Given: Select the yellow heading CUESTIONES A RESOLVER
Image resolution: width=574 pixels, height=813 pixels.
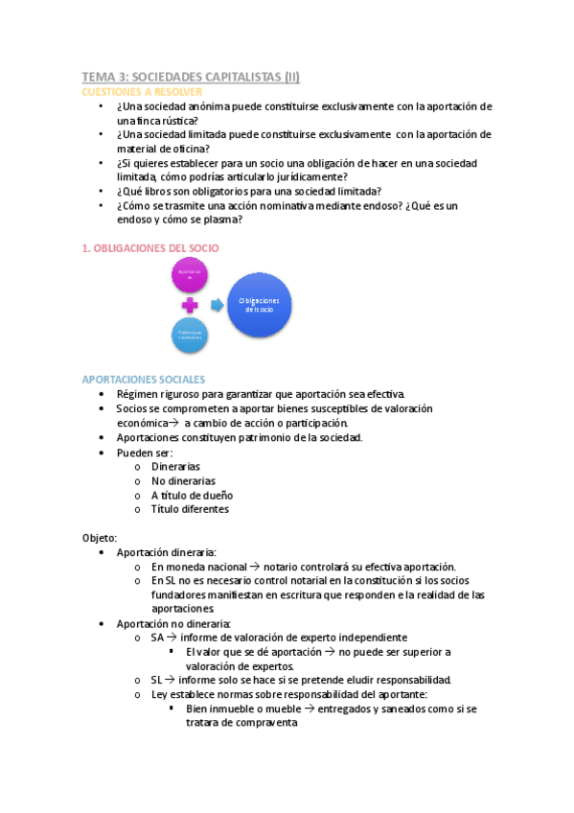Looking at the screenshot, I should [141, 91].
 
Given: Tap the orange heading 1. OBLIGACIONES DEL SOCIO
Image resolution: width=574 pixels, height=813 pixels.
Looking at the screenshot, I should [149, 247].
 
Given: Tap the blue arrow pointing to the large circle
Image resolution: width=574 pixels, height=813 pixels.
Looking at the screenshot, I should [217, 304].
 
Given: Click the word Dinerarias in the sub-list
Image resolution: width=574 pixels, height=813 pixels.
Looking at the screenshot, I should [175, 466].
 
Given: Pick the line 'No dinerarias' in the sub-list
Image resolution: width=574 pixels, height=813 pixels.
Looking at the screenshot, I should [183, 480].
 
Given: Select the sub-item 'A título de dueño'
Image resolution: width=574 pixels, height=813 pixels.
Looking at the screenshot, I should [192, 495].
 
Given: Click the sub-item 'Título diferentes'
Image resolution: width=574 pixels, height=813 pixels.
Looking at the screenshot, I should [190, 509].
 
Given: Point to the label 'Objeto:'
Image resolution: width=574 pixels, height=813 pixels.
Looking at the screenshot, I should [99, 538].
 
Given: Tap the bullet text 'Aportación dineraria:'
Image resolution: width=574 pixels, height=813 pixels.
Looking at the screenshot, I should [166, 552].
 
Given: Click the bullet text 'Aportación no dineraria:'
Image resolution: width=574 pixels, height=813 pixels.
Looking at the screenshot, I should [173, 623].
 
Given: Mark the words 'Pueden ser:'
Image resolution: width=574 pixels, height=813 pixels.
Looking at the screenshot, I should [144, 452].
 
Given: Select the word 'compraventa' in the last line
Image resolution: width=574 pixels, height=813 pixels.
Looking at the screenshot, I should [267, 724].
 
